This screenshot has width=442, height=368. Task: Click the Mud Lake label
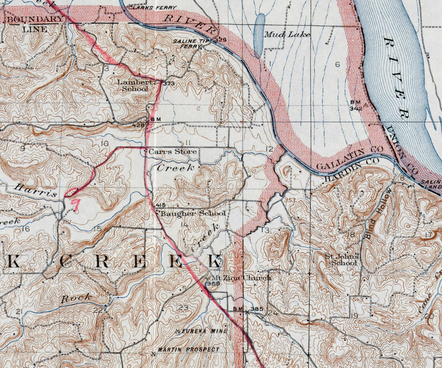click(287, 35)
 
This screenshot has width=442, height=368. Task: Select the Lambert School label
click(133, 86)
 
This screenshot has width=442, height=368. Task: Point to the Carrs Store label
click(173, 151)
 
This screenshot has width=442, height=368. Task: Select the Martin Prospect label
click(188, 349)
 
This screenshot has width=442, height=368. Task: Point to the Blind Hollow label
click(379, 213)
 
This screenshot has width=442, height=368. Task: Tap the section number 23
click(183, 308)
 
